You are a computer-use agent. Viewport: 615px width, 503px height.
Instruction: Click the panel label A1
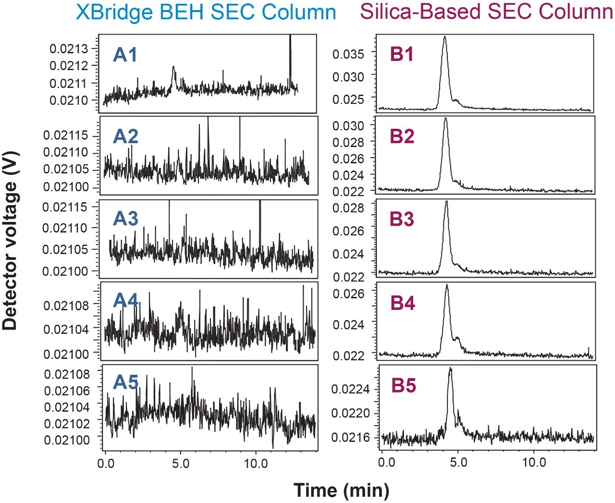[x=125, y=55]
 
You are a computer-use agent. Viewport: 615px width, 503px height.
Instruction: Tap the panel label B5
[x=403, y=386]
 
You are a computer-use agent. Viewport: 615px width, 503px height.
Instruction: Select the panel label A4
[x=125, y=301]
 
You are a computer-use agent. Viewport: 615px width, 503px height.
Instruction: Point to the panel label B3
[x=402, y=219]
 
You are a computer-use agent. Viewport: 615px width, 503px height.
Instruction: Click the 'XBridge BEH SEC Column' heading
[x=206, y=12]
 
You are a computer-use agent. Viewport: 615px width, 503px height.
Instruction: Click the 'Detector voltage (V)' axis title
[x=10, y=241]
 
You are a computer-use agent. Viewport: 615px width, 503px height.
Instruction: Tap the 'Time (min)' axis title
[x=341, y=490]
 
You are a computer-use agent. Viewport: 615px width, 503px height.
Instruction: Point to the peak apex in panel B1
[x=445, y=37]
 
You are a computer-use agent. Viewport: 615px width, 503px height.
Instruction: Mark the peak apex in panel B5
[x=450, y=368]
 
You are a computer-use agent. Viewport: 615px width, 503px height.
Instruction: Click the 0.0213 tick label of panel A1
[x=69, y=49]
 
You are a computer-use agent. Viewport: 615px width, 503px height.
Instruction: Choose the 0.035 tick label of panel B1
[x=348, y=54]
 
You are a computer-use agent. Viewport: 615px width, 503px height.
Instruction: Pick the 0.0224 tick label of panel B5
[x=350, y=389]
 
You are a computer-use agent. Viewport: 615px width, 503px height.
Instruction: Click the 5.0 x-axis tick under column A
[x=180, y=464]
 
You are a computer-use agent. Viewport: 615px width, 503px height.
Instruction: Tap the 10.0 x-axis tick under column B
[x=534, y=463]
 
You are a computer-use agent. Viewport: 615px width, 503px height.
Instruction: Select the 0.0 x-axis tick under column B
[x=386, y=463]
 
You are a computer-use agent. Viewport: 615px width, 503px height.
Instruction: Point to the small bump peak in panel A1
[x=173, y=67]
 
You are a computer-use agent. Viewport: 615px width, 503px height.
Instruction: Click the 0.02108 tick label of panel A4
[x=66, y=306]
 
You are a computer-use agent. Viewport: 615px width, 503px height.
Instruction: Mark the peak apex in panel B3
[x=446, y=202]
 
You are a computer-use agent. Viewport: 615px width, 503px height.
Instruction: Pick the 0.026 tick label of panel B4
[x=348, y=294]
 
